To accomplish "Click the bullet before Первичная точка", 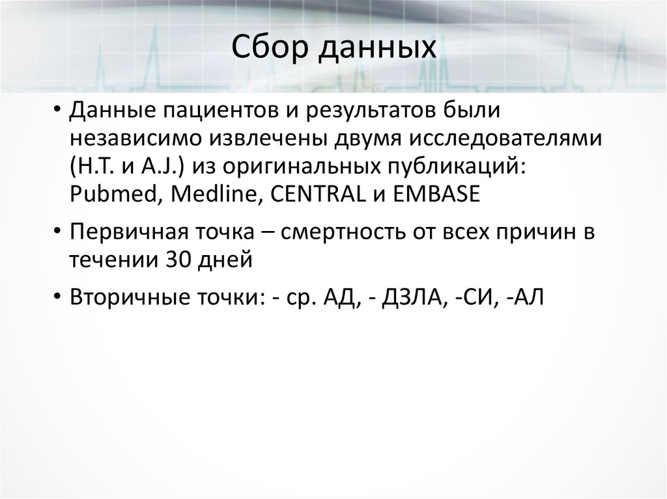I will [59, 232].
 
